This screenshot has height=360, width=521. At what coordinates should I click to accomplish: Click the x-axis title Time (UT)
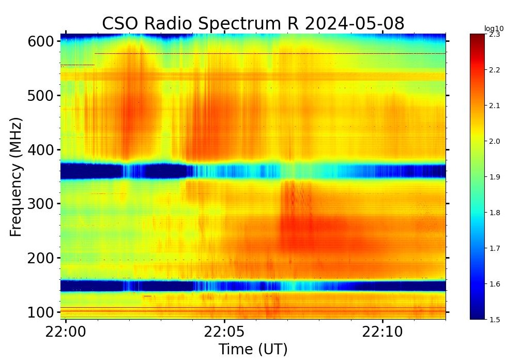253,349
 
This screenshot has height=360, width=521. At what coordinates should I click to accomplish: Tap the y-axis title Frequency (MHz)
17,177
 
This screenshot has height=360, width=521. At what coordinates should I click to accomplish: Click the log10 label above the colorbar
493,28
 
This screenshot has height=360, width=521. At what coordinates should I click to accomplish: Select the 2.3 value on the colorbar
495,34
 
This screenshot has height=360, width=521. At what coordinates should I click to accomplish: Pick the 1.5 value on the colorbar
495,320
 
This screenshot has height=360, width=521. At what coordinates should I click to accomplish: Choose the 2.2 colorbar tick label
495,70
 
